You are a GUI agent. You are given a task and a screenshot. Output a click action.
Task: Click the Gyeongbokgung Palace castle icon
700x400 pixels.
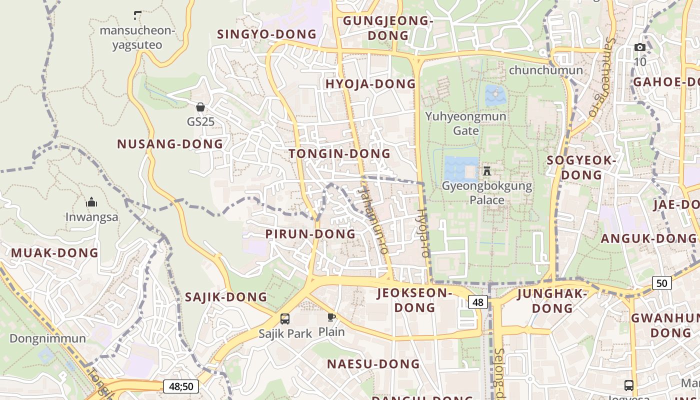click(486, 171)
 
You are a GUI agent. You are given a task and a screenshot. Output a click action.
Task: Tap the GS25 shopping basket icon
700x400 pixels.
click(200, 107)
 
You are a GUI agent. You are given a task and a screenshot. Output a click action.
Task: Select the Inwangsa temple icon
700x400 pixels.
click(91, 202)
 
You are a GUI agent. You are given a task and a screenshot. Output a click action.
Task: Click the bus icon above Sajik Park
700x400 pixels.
click(284, 318)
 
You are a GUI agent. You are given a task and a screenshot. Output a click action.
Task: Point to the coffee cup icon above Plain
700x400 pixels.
click(331, 317)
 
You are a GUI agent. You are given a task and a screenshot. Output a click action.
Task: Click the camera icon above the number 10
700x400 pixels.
click(640, 47)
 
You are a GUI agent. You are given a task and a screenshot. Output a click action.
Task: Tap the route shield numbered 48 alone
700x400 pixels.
click(478, 302)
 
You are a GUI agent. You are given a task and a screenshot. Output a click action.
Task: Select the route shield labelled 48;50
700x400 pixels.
click(181, 386)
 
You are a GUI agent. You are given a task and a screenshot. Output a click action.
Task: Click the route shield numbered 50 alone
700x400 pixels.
click(661, 283)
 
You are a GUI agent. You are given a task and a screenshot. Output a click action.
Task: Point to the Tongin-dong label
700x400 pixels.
click(339, 154)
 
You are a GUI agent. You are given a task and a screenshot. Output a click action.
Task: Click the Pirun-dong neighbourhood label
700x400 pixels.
click(310, 234)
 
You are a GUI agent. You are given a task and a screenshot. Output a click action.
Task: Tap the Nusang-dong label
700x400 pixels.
click(170, 144)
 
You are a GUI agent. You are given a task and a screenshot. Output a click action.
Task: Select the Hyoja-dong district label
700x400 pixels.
click(370, 84)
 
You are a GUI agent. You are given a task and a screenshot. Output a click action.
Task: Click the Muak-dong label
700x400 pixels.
click(55, 252)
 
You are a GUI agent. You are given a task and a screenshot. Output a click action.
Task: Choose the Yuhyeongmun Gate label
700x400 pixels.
click(465, 123)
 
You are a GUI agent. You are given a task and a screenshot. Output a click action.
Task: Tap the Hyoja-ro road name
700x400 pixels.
click(423, 233)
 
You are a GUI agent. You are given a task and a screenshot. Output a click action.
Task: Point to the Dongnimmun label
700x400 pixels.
click(47, 338)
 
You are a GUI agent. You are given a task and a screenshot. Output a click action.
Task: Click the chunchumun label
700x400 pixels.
click(545, 70)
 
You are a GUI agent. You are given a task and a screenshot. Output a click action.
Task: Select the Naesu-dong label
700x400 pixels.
click(373, 364)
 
